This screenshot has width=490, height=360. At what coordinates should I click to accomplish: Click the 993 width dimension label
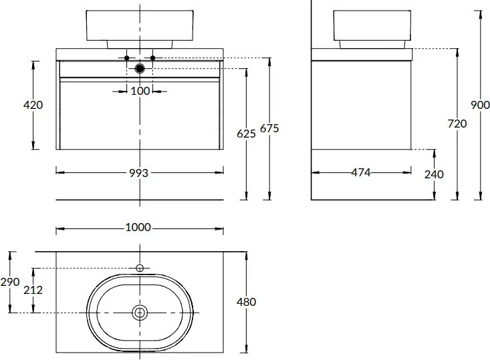(x=139, y=173)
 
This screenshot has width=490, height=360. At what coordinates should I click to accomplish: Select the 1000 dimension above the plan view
(x=138, y=227)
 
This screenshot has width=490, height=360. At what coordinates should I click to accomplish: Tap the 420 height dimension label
(x=33, y=105)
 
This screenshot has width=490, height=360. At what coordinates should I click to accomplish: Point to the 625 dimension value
(x=246, y=134)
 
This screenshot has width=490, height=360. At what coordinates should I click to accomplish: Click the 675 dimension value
(x=269, y=128)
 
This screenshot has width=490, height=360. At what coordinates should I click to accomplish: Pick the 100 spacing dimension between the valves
(x=140, y=92)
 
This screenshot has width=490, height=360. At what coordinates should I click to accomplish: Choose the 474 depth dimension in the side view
(x=361, y=172)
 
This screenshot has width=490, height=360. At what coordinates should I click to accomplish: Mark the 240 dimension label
(x=434, y=174)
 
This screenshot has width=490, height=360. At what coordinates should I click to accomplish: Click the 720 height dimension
(x=457, y=124)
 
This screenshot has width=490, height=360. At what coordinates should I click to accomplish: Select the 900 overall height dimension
(x=481, y=105)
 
